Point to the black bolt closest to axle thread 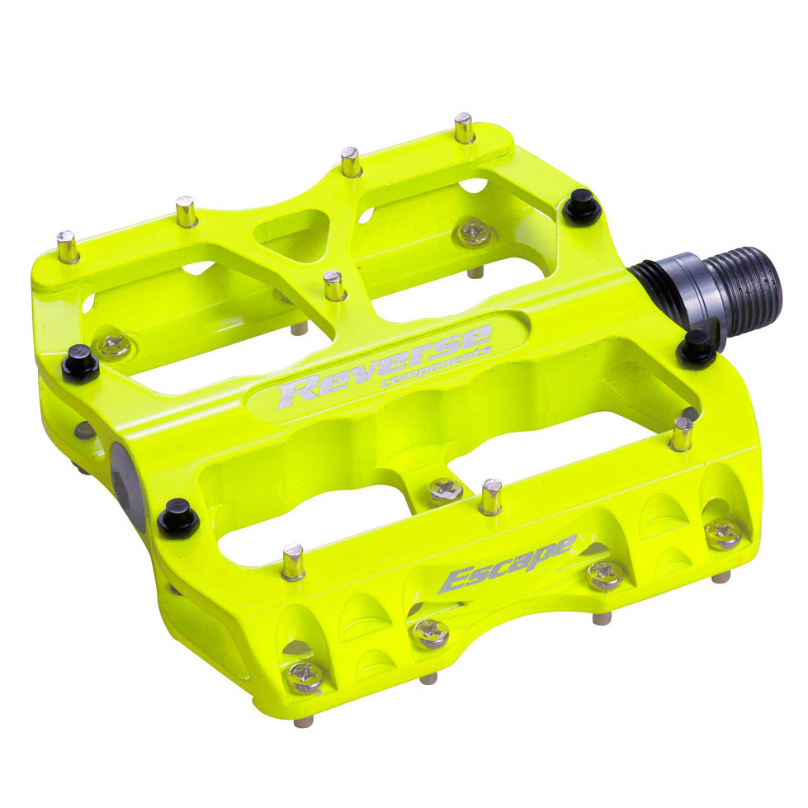click(x=696, y=347)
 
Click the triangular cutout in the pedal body click(x=294, y=233)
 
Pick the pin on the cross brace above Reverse click(x=334, y=286)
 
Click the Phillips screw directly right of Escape click(x=605, y=574)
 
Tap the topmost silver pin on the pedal click(x=465, y=128)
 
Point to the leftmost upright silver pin click(x=68, y=247)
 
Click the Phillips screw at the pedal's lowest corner click(x=306, y=676)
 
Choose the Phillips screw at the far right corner click(x=724, y=532)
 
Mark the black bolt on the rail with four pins click(x=582, y=206)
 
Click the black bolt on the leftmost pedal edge click(x=80, y=363)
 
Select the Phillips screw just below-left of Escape click(x=431, y=632)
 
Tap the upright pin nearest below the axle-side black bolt click(x=682, y=433)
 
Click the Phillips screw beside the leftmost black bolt click(x=115, y=345)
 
